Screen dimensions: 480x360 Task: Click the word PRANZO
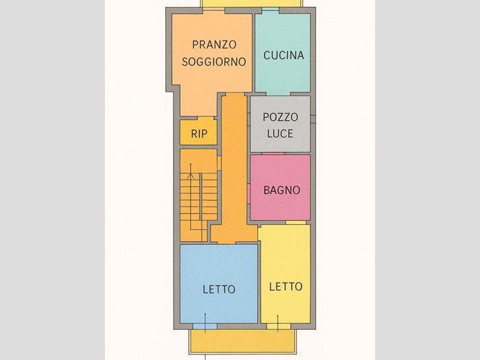tap(214, 45)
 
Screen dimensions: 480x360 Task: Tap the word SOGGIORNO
tap(214, 62)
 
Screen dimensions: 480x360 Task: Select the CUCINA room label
tap(284, 56)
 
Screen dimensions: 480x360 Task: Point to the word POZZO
tap(280, 117)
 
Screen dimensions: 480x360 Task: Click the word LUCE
tap(280, 134)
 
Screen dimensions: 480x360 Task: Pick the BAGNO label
tap(282, 190)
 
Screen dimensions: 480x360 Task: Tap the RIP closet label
tap(199, 134)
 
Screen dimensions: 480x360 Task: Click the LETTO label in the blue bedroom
tap(219, 289)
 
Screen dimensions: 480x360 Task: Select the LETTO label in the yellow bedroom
tap(286, 287)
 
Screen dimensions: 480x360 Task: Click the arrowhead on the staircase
tap(191, 176)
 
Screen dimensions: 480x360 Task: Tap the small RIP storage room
tap(198, 131)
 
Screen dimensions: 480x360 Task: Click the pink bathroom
tap(280, 187)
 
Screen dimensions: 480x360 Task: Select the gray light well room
tap(280, 124)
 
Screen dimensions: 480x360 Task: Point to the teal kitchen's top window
tap(271, 10)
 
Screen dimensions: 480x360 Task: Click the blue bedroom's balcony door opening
tap(205, 326)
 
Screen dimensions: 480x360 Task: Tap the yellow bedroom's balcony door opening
tap(278, 326)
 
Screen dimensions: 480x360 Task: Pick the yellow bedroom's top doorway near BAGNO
tap(296, 223)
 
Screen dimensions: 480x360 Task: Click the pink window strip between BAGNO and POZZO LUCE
tap(273, 154)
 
